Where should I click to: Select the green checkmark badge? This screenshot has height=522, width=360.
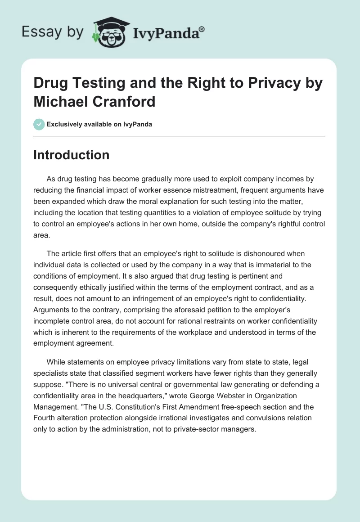click(x=39, y=124)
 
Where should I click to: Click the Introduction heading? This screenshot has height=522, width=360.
click(x=72, y=155)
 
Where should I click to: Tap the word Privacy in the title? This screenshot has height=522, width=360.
click(x=266, y=84)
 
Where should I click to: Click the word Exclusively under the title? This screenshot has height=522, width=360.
click(x=67, y=125)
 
